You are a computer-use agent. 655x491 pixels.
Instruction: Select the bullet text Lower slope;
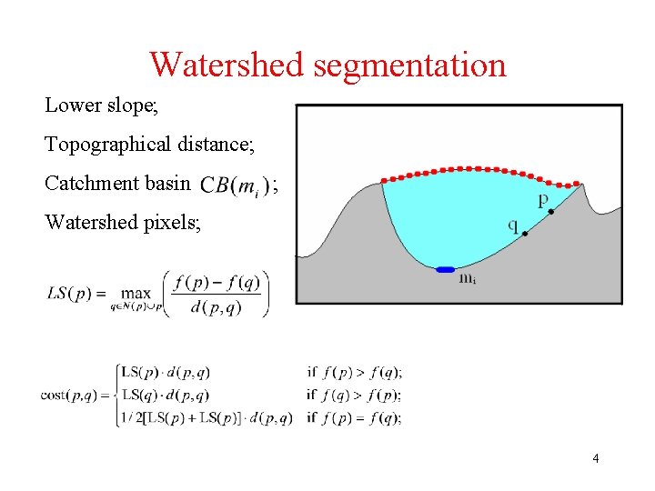click(x=102, y=105)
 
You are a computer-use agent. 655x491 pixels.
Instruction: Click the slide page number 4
click(x=595, y=458)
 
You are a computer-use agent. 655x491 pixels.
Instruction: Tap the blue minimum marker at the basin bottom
click(x=445, y=269)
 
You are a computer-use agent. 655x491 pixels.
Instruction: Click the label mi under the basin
click(x=468, y=279)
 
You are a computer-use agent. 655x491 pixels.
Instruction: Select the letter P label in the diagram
click(x=543, y=200)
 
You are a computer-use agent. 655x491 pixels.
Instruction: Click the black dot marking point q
click(x=525, y=234)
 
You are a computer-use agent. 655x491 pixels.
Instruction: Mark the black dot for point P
click(x=551, y=211)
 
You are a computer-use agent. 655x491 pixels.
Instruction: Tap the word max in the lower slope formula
click(x=136, y=294)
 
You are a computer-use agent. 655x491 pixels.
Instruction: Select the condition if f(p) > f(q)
click(x=355, y=371)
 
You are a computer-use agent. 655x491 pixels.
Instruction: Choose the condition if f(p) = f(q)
click(x=355, y=418)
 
